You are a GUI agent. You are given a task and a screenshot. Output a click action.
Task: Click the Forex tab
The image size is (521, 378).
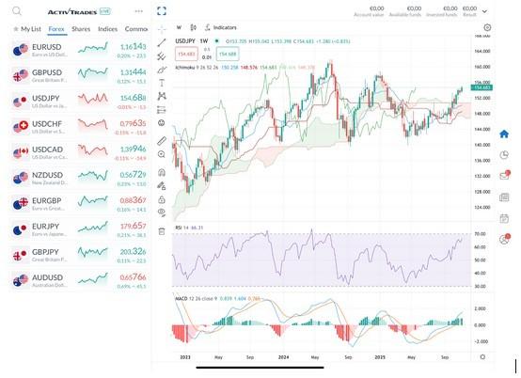click(56, 29)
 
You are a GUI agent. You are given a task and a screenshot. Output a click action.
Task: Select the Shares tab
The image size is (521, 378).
click(81, 29)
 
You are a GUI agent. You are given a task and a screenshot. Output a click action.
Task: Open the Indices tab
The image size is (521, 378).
click(107, 29)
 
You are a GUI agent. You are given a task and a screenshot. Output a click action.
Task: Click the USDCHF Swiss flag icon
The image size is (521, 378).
click(21, 126)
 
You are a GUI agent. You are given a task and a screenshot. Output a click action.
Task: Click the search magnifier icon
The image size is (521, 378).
click(16, 10)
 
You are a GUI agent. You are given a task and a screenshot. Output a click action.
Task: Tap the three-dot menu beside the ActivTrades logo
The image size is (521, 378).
click(138, 10)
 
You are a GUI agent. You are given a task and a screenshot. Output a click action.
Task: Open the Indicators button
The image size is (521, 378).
click(222, 27)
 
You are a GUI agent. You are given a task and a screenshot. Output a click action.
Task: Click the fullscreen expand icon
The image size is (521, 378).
click(162, 11)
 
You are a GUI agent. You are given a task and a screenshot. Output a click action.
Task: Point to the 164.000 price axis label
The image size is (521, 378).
click(480, 51)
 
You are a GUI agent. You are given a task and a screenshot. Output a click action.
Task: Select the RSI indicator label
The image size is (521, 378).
click(179, 228)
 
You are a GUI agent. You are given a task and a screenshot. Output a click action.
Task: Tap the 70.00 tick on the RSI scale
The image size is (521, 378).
click(480, 233)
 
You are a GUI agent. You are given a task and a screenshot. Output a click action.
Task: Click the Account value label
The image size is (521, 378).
click(369, 15)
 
